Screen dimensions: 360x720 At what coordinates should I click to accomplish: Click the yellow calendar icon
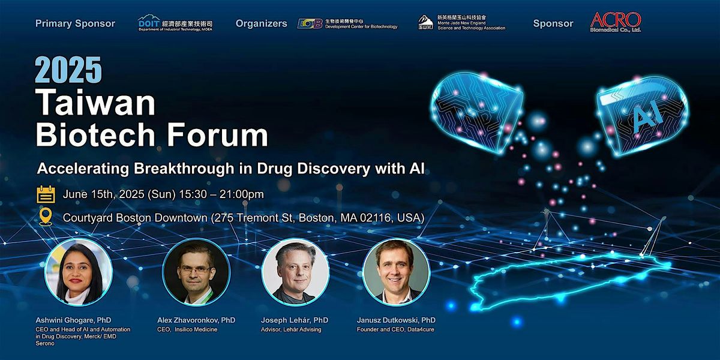[x=46, y=194]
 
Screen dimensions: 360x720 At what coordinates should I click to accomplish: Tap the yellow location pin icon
[x=46, y=217]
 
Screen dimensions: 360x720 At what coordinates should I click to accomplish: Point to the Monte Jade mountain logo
[x=425, y=23]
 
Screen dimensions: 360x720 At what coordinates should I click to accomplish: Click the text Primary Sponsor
[x=75, y=23]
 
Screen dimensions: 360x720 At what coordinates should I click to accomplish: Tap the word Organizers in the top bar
[x=261, y=23]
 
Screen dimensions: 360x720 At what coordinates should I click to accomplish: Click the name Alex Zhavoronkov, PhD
[x=196, y=320]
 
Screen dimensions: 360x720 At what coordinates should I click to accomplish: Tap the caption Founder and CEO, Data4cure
[x=395, y=329]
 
